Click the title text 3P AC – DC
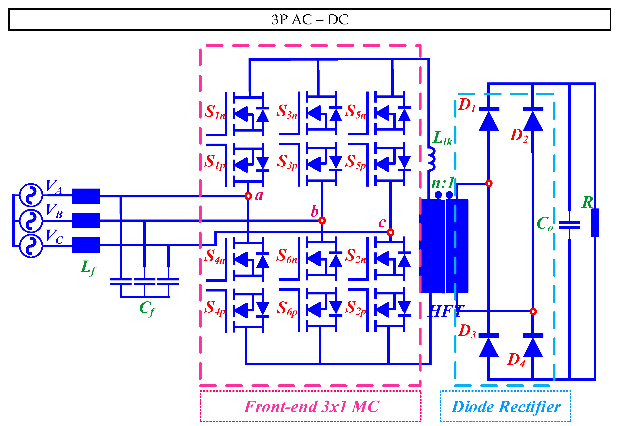(309, 20)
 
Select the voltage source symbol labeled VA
(31, 195)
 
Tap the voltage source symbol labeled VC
(31, 246)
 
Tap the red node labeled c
(390, 232)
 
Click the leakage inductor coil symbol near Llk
(431, 159)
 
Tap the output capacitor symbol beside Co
(569, 225)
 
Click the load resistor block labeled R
(595, 223)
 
